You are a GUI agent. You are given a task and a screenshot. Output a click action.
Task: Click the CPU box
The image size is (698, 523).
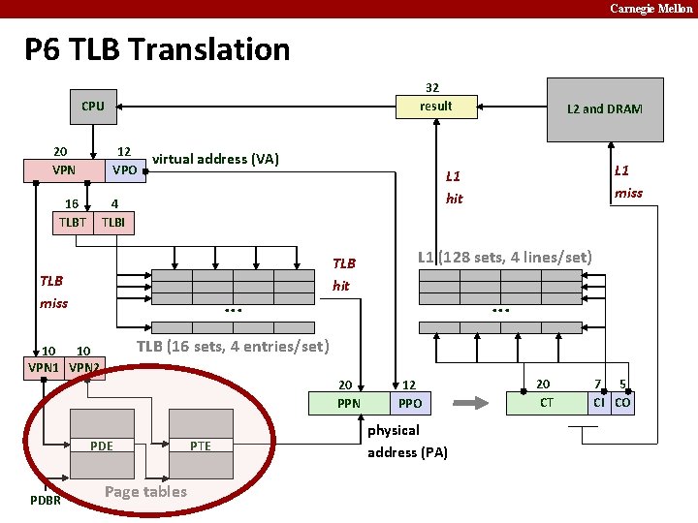[x=93, y=106]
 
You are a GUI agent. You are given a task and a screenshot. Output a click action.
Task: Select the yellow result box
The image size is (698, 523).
[x=435, y=106]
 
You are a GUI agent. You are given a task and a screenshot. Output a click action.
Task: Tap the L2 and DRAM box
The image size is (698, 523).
[x=605, y=108]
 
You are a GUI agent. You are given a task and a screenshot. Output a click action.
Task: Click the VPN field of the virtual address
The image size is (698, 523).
[x=64, y=170]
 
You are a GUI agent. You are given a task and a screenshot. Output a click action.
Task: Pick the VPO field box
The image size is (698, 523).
[x=124, y=170]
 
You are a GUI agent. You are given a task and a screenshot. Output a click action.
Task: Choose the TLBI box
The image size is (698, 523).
[x=113, y=223]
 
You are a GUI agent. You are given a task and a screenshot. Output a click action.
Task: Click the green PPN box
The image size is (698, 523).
[x=349, y=403]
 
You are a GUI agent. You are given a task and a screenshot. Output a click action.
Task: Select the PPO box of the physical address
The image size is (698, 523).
[x=411, y=403]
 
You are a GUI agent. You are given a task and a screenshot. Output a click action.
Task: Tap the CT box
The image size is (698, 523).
[x=547, y=402]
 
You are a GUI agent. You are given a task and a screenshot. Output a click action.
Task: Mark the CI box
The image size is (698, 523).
[x=600, y=402]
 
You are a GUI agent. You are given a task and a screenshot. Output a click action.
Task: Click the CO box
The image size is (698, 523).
[x=622, y=402]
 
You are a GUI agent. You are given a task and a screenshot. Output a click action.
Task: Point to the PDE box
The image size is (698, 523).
[x=101, y=446]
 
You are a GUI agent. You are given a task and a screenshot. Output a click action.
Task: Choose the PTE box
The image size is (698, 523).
[x=201, y=446]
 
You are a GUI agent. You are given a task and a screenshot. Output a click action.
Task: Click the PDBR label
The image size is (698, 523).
[x=46, y=501]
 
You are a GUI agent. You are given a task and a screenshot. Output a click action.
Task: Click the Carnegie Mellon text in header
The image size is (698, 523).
[x=650, y=9]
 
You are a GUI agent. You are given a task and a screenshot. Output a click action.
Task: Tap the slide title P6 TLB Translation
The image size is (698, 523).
[x=157, y=49]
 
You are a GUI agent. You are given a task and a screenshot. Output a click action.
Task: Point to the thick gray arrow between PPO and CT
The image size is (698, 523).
[x=473, y=402]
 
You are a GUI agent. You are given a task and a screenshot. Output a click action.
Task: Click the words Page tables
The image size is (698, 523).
[x=145, y=491]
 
